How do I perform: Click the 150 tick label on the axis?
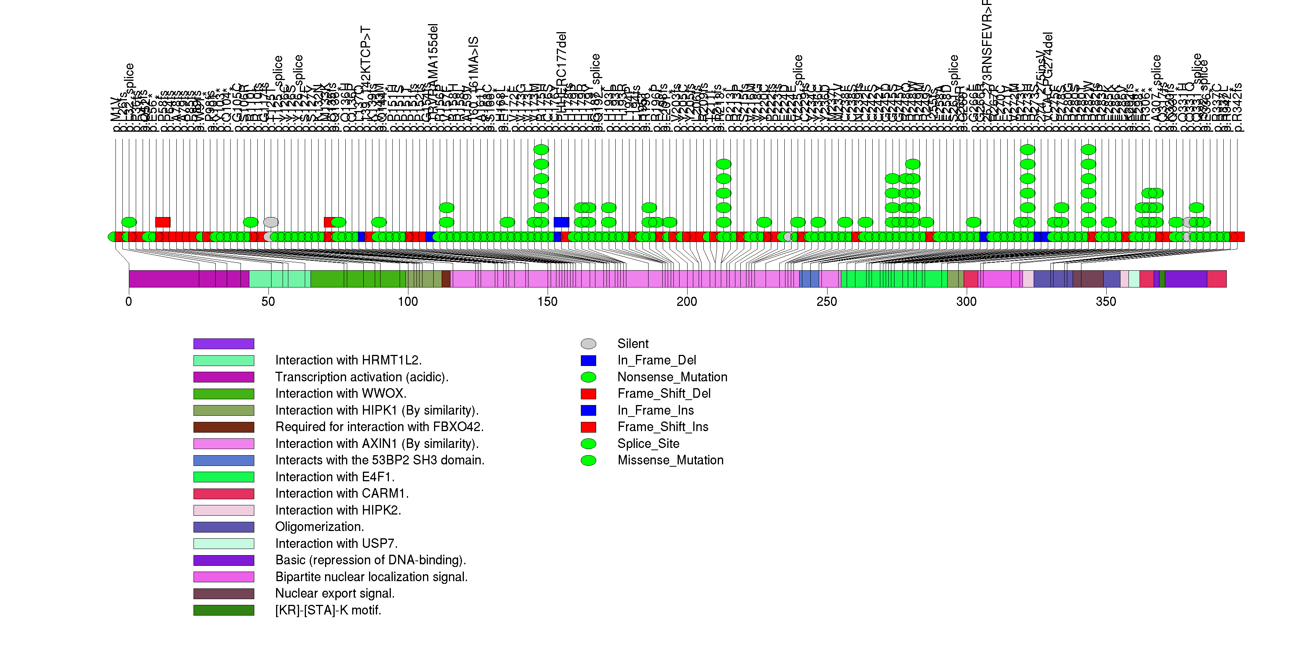pos(547,302)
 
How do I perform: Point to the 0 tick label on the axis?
pos(129,302)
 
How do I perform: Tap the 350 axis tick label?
pos(1106,302)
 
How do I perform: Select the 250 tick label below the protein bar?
pos(826,302)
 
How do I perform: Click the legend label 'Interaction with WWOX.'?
pos(341,394)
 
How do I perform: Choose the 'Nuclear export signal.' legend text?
pos(335,594)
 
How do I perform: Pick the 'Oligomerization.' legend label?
pos(319,527)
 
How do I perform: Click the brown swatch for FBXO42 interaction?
pos(224,427)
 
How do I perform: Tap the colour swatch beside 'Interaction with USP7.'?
pos(224,544)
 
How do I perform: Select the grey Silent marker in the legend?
pos(589,344)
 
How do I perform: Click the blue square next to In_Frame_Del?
pos(589,361)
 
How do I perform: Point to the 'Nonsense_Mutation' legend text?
pos(672,377)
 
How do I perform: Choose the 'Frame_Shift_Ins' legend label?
pos(663,427)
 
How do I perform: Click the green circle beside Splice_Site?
pos(589,444)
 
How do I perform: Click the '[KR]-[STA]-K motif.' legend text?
pos(328,610)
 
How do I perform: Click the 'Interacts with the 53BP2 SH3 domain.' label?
pos(380,461)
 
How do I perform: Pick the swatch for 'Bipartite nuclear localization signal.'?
pos(224,577)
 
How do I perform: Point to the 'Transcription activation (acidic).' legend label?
pos(362,377)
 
